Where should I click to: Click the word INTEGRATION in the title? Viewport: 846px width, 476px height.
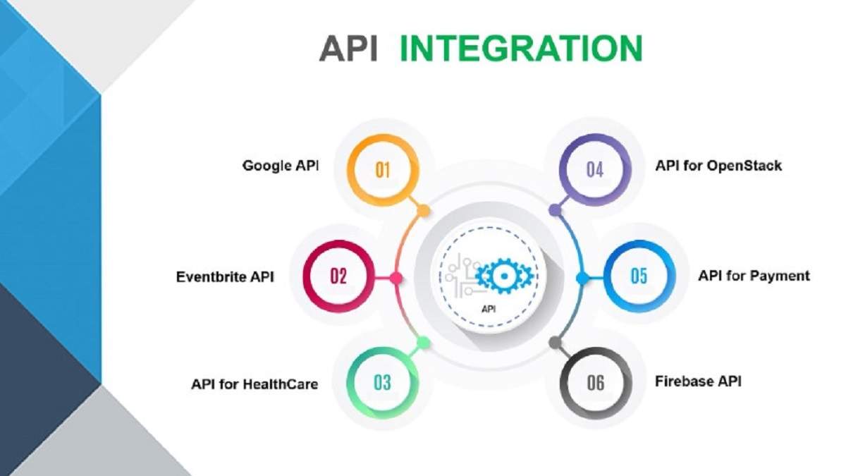coord(521,48)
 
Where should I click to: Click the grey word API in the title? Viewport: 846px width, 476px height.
coord(348,48)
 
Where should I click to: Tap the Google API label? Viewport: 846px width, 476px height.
coord(281,166)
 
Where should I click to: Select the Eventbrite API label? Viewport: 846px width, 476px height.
coord(225,277)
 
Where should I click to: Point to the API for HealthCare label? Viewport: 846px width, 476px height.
coord(255,384)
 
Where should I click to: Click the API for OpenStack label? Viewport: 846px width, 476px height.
coord(718,166)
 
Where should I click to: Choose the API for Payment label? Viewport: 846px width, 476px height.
coord(754,276)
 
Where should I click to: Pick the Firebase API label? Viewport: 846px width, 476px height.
coord(698,382)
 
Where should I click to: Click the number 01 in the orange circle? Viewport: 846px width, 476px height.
coord(383,170)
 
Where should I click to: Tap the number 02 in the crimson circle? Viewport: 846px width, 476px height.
coord(338,276)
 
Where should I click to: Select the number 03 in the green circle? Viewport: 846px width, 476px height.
coord(382,383)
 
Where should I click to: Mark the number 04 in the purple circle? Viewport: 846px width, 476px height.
coord(595,170)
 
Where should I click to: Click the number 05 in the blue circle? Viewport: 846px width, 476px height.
coord(639,276)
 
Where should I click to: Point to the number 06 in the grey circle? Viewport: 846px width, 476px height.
coord(596,383)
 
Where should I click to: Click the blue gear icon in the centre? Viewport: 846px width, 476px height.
coord(504,276)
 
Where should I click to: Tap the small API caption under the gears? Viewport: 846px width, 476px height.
coord(489,310)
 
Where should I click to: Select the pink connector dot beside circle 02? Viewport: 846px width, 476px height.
coord(396,279)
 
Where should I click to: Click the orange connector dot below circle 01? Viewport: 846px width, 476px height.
coord(424,210)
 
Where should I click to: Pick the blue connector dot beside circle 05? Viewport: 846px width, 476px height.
coord(582,279)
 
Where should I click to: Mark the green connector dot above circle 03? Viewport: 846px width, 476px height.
coord(424,343)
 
